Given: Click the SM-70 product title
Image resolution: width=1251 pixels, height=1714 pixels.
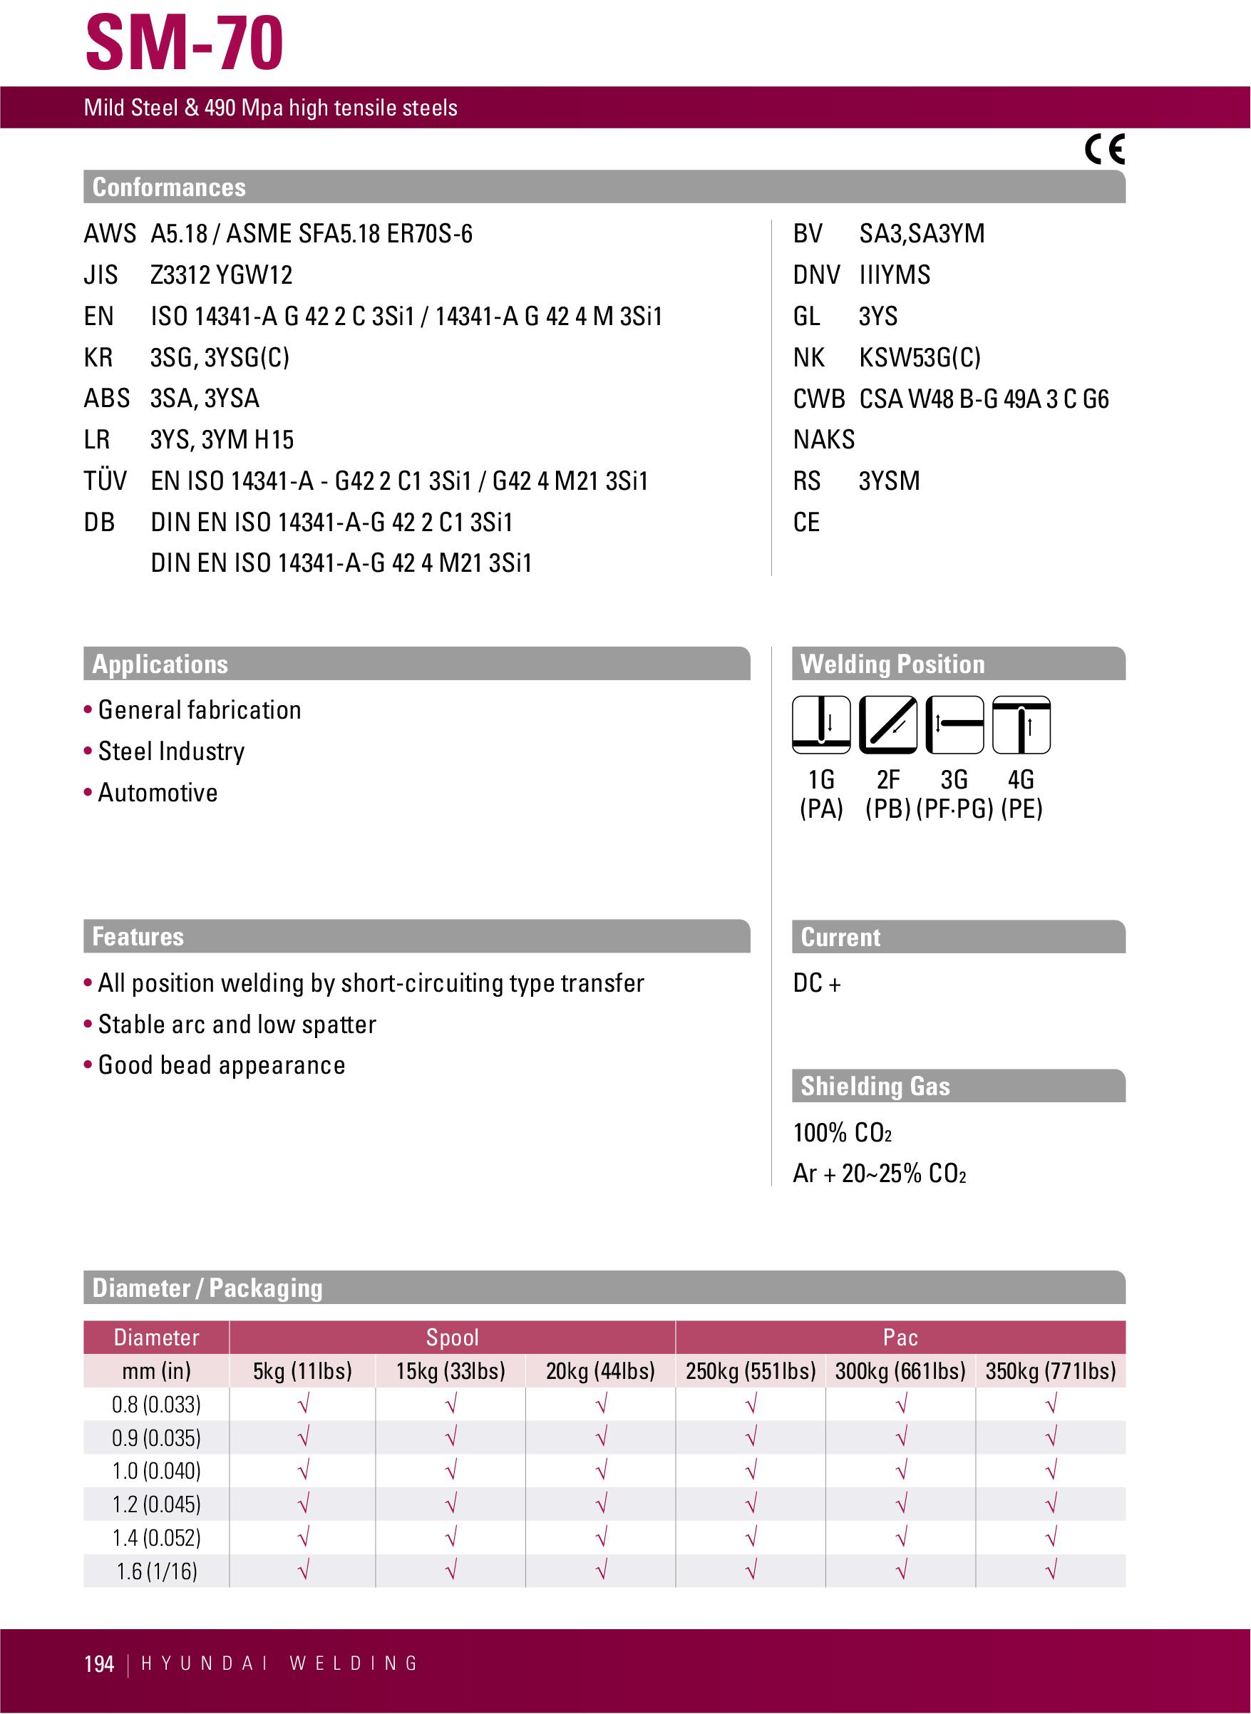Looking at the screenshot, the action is point(184,43).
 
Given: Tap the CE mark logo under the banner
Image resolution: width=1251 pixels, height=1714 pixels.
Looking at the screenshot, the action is point(1105,149).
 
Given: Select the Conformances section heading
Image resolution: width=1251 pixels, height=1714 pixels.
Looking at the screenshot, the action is point(169,187).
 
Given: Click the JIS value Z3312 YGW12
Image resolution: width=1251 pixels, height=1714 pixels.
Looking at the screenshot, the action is point(221,274).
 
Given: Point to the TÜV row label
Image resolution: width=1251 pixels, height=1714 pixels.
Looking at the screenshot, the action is point(105,481).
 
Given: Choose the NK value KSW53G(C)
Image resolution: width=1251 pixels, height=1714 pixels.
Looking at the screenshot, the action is point(920,356).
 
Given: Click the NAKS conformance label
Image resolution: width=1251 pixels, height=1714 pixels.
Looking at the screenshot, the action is point(823,439).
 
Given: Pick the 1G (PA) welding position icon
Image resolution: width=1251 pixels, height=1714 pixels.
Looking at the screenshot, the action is point(821,725).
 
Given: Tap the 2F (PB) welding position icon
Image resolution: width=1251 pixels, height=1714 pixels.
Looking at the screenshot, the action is point(887,725).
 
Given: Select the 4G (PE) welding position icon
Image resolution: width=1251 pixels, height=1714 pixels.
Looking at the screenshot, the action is point(1021,725).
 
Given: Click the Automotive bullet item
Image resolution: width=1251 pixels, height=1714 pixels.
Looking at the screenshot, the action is point(158,792).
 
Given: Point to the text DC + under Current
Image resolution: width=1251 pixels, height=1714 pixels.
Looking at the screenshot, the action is point(816,983).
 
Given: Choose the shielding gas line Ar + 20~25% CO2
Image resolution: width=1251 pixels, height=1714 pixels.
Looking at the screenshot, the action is point(879,1174).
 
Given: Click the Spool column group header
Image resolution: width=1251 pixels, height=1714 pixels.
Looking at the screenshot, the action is point(452,1337).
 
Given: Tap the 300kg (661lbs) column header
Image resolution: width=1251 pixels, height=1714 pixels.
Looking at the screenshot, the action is point(900,1370).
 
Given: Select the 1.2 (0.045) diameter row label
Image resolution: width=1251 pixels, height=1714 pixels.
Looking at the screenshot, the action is point(157,1504).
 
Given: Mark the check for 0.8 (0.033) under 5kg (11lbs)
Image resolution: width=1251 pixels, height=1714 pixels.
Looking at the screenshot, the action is point(303,1405).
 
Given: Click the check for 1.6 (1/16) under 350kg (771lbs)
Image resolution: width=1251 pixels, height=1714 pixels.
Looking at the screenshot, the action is point(1050,1571).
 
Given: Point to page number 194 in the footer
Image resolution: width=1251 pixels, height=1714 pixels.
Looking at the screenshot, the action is point(99,1664).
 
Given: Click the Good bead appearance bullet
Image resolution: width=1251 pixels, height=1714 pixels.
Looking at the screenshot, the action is point(221,1065).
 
